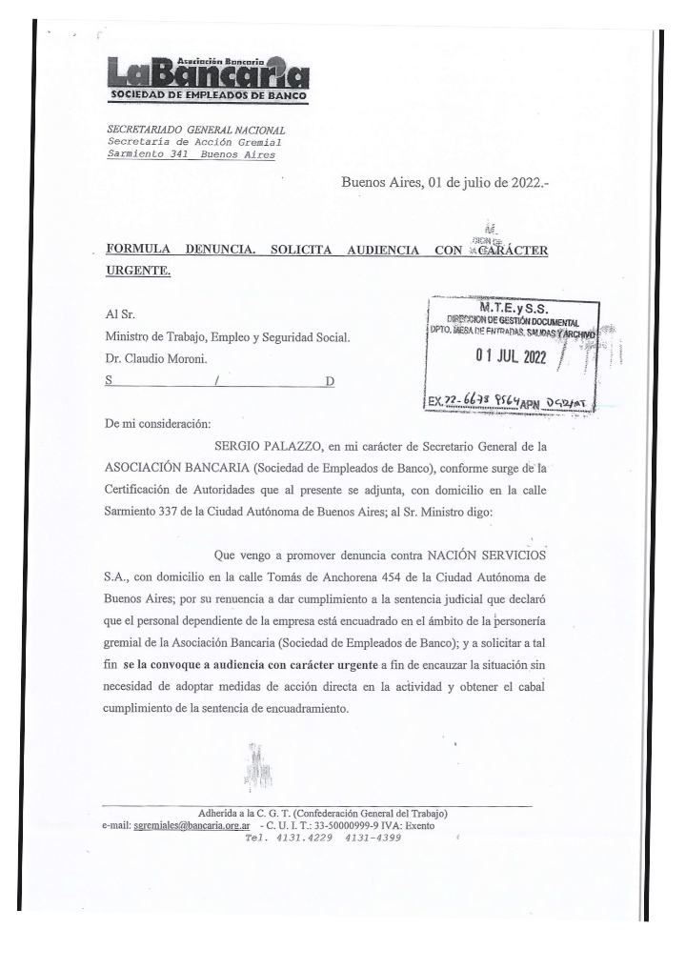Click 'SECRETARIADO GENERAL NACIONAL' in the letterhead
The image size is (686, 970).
196,130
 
